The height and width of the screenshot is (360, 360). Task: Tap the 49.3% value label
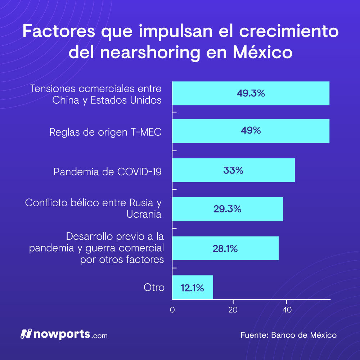pos(251,94)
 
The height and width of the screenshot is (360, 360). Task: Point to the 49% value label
pos(251,131)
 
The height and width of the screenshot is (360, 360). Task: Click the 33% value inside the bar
pos(233,170)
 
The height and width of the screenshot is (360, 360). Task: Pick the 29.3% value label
pos(227,209)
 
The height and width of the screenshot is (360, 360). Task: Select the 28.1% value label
pos(225,248)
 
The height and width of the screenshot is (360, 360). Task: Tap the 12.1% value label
pos(193,288)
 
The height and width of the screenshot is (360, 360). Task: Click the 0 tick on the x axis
pos(172,310)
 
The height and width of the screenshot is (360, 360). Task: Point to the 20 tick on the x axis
pos(233,310)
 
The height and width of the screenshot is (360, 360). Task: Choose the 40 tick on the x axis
pos(287,310)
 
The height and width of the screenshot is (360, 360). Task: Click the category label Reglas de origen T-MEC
pos(105,132)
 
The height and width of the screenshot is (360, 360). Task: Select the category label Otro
pos(154,288)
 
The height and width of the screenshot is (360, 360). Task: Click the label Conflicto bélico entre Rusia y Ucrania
pos(93,208)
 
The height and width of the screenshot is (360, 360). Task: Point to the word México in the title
pos(262,53)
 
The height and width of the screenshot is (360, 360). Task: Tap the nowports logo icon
pos(26,334)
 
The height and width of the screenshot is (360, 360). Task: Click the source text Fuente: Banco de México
pos(288,335)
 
